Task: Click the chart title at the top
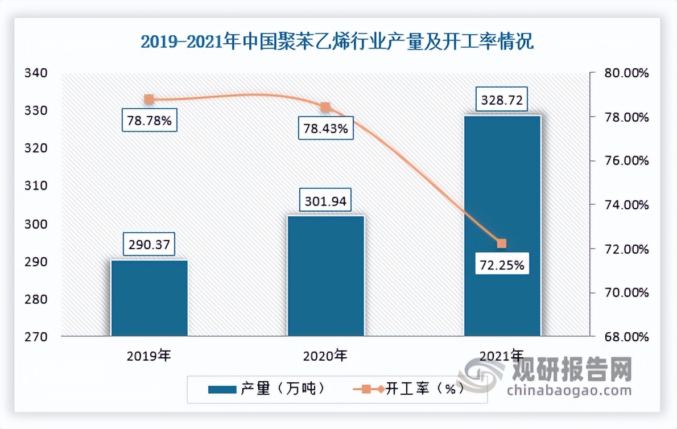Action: [337, 43]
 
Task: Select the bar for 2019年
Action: [149, 298]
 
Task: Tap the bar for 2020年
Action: [325, 276]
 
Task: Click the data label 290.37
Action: [149, 245]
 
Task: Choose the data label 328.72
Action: [502, 101]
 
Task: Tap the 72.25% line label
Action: [501, 265]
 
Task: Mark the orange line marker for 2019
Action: [149, 100]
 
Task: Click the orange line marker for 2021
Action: [502, 244]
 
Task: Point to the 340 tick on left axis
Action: [35, 73]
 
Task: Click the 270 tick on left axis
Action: [35, 336]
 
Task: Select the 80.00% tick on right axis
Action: [627, 73]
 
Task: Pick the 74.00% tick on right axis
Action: [627, 205]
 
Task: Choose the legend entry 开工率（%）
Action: [410, 389]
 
